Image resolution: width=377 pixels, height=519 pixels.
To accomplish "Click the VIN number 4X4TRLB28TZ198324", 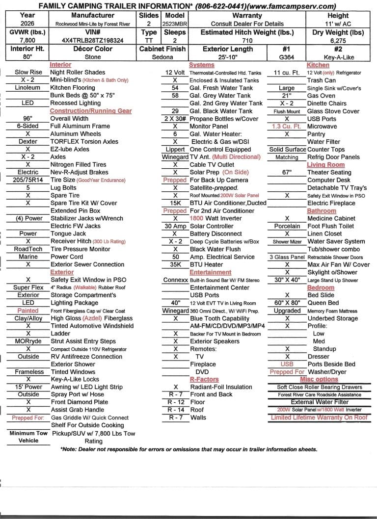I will coord(93,40).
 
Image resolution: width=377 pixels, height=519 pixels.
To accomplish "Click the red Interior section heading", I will coord(60,65).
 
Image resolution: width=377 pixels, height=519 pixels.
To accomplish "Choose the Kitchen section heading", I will coord(318,65).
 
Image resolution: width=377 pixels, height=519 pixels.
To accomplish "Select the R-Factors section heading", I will coord(204,379).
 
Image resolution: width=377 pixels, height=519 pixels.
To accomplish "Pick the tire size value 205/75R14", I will coord(28,180).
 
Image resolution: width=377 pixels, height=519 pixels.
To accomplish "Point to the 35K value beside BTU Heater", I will coord(175,264).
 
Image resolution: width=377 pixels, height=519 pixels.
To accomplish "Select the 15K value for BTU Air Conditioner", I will coord(175,203).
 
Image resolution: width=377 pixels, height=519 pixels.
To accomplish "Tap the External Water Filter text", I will coord(320,402).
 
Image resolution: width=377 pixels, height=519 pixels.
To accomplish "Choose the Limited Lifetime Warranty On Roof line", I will coord(319,417).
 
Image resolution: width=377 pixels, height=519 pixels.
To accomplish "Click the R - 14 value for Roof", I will coord(175,410).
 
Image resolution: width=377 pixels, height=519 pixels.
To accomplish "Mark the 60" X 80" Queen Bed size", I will coord(287,303).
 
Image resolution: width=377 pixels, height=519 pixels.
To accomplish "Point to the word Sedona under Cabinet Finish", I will coord(162,57).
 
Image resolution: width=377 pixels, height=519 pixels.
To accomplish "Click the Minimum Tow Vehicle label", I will coord(28,437).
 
